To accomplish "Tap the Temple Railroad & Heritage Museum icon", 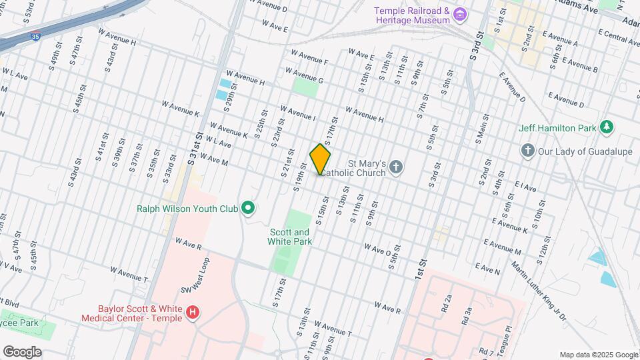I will [459, 15].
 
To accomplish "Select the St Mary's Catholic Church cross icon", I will [396, 167].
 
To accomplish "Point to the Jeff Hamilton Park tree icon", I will [606, 127].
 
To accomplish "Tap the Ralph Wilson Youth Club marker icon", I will [249, 209].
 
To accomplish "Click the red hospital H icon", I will [193, 312].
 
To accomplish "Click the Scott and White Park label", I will [290, 237].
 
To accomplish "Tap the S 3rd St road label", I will [475, 45].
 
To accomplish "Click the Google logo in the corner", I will [22, 351].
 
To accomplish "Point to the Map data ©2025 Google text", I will [598, 355].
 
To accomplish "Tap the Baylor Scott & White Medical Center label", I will [139, 313].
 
